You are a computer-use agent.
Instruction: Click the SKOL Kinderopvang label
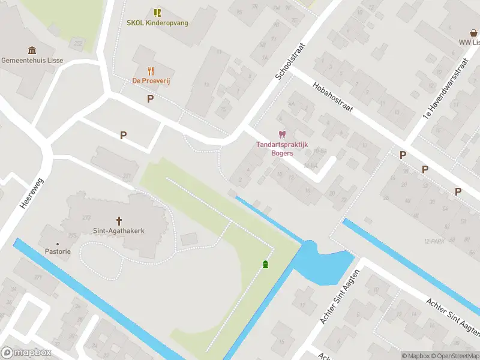(157, 23)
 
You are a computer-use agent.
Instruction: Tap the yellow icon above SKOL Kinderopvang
(157, 13)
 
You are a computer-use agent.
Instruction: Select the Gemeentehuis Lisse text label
(32, 61)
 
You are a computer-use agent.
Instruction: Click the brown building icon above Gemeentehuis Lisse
(32, 50)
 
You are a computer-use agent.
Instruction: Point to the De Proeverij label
(151, 80)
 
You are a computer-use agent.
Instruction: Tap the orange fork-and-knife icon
(151, 70)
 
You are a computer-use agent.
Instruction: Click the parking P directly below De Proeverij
(150, 98)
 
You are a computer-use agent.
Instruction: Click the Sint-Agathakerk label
(119, 230)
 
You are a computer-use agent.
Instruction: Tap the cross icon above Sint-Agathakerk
(119, 220)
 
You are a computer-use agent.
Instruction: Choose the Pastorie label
(57, 251)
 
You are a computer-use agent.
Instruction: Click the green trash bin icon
(265, 265)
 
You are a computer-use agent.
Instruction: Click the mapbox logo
(26, 353)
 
